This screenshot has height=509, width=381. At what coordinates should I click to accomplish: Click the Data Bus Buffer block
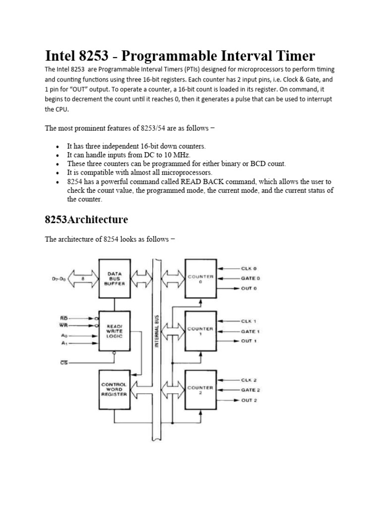click(115, 278)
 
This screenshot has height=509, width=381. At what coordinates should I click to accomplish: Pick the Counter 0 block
click(200, 278)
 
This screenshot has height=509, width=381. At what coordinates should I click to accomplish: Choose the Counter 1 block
click(200, 330)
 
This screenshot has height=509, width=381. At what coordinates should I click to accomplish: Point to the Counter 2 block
click(200, 389)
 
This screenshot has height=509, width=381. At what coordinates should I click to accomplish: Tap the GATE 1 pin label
click(250, 331)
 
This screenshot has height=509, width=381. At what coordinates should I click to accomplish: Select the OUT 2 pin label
click(249, 400)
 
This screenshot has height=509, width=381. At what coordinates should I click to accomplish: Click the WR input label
click(64, 326)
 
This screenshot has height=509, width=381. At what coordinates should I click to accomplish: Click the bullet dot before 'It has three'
click(58, 147)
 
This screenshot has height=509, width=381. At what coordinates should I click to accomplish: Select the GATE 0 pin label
click(251, 278)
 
